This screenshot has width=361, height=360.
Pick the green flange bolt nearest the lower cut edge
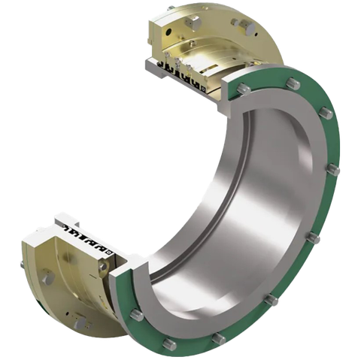point(135,314)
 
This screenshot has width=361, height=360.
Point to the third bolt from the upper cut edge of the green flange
point(325,114)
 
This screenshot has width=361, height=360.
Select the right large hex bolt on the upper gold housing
point(242,23)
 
